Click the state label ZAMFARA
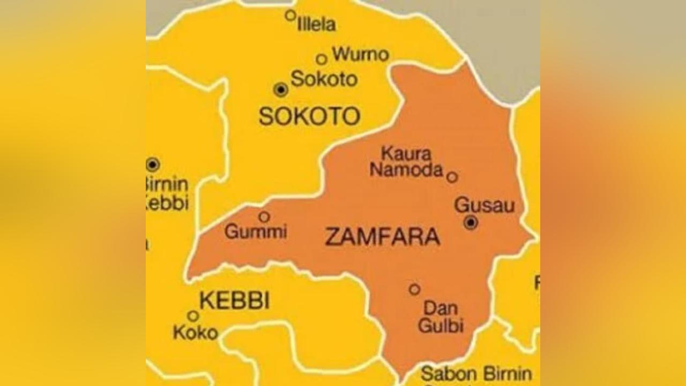click(x=383, y=236)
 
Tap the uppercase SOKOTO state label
click(x=309, y=116)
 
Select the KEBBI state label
click(x=234, y=301)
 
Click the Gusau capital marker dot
click(x=471, y=222)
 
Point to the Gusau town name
click(x=484, y=205)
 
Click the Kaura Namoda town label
click(x=407, y=162)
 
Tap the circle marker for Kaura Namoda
click(x=452, y=177)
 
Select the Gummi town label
click(x=256, y=232)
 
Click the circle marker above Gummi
click(x=264, y=217)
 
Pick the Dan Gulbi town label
click(x=441, y=317)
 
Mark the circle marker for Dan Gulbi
click(x=414, y=289)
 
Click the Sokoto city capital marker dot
click(x=281, y=90)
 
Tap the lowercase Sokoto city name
click(x=324, y=79)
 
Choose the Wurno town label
click(x=360, y=54)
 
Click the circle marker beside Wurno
click(x=321, y=59)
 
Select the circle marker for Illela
click(x=290, y=15)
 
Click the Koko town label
click(x=195, y=332)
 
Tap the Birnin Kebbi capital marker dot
click(x=153, y=164)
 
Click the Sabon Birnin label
click(x=476, y=374)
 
